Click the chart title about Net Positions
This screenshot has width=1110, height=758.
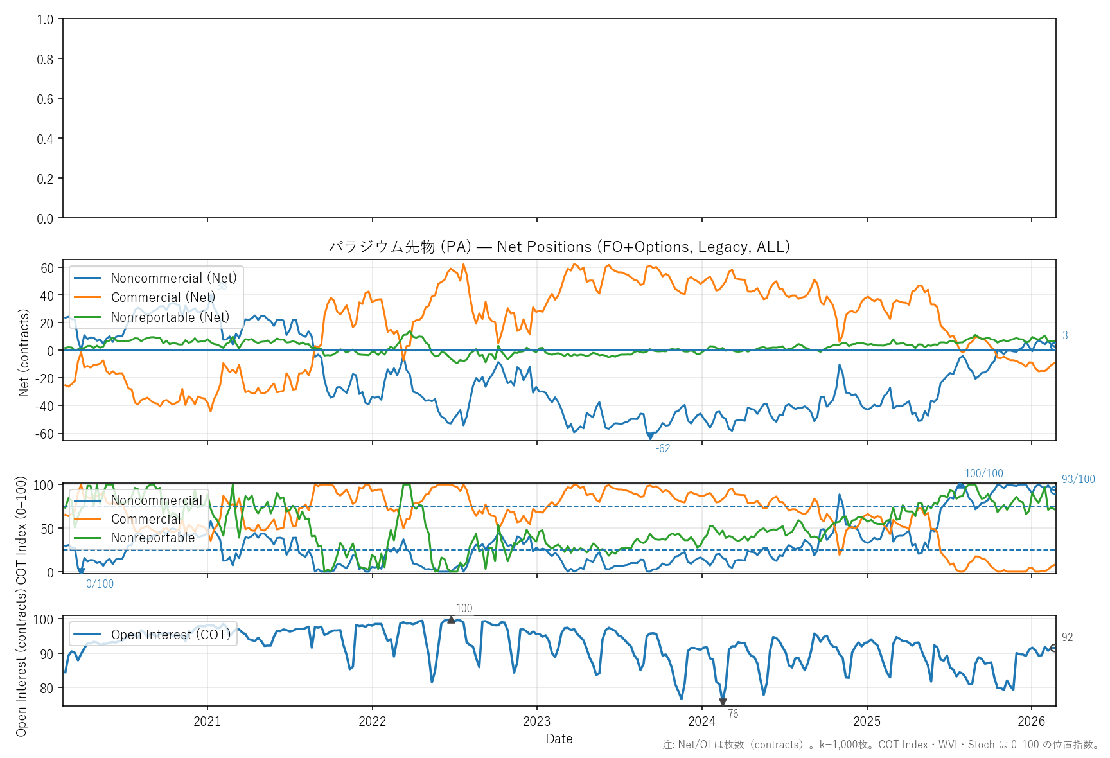[559, 247]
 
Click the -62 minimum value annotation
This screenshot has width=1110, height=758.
[662, 448]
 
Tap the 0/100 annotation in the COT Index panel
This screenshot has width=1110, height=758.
[100, 584]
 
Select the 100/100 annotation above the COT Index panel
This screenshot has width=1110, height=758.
[983, 473]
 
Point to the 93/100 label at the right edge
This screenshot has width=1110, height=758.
[1078, 479]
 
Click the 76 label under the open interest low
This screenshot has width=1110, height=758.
[733, 714]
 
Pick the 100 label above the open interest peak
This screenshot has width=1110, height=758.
[464, 608]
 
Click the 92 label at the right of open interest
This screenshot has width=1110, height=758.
[1067, 637]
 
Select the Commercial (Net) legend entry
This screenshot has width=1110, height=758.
[163, 297]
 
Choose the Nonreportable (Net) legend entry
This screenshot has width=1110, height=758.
[170, 317]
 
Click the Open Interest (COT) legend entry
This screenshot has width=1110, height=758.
[170, 635]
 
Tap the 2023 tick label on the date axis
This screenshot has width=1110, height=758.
[536, 721]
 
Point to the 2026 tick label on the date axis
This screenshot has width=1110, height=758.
[1031, 721]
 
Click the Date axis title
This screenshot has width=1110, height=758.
[559, 739]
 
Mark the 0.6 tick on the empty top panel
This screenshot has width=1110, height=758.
[45, 99]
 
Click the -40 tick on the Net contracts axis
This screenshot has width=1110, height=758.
[46, 406]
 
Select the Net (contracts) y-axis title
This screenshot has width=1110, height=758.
[24, 353]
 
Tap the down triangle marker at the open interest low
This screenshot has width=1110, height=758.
[723, 702]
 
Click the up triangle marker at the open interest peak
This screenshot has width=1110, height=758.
[451, 620]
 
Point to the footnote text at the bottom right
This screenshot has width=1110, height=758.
[881, 745]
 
